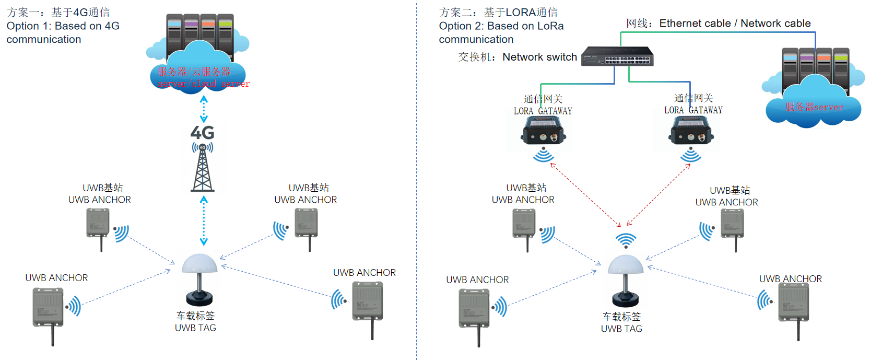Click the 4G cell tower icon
point(203,167)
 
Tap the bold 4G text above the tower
point(202,133)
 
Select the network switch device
point(618,56)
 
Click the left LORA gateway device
point(543,131)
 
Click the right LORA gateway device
point(691,130)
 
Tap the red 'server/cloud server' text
point(203,84)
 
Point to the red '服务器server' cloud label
point(814,107)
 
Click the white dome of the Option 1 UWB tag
point(199,264)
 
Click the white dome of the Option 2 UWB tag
point(626,265)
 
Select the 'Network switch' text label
point(539,57)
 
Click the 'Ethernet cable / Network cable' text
point(735,24)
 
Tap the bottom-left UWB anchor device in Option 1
point(48,308)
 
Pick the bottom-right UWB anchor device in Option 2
point(793,303)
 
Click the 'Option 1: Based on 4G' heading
point(63,26)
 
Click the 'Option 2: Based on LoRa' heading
point(501,26)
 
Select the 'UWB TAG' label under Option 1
point(195,328)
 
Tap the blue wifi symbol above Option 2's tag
point(626,241)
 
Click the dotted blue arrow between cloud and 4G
point(204,109)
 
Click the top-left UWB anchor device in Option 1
point(98,223)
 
